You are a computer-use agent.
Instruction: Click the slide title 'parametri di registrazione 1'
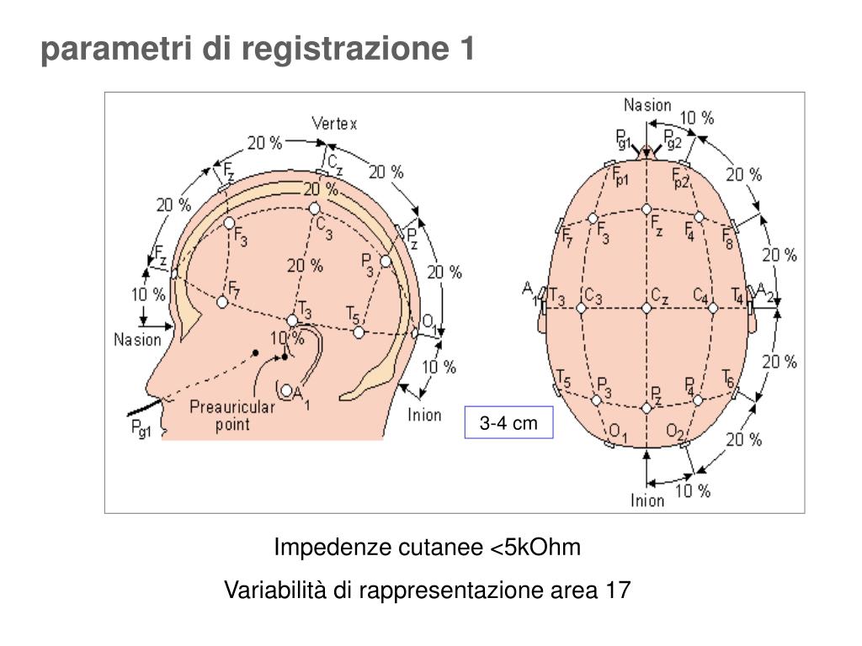(x=258, y=50)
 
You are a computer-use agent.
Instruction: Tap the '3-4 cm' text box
(x=508, y=423)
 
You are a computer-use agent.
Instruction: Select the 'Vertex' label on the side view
(x=334, y=124)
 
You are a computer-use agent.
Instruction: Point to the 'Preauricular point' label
(x=231, y=416)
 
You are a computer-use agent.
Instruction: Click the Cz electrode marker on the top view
(x=646, y=309)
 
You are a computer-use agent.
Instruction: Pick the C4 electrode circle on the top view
(x=713, y=309)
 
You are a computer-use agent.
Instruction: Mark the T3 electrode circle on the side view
(x=292, y=320)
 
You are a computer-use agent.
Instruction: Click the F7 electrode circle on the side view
(x=222, y=301)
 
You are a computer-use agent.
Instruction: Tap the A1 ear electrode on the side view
(x=287, y=390)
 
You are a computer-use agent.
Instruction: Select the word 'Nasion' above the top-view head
(x=647, y=105)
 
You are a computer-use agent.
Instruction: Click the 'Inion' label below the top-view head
(x=647, y=500)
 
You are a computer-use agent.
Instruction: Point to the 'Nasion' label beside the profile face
(x=137, y=340)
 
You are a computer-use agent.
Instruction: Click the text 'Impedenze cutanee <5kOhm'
(x=428, y=548)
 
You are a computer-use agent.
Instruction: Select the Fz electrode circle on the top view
(x=646, y=209)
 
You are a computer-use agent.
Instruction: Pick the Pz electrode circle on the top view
(x=646, y=408)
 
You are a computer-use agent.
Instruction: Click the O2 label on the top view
(x=674, y=432)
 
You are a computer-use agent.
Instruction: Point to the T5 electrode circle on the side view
(x=359, y=332)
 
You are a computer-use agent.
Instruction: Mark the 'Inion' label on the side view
(x=424, y=414)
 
